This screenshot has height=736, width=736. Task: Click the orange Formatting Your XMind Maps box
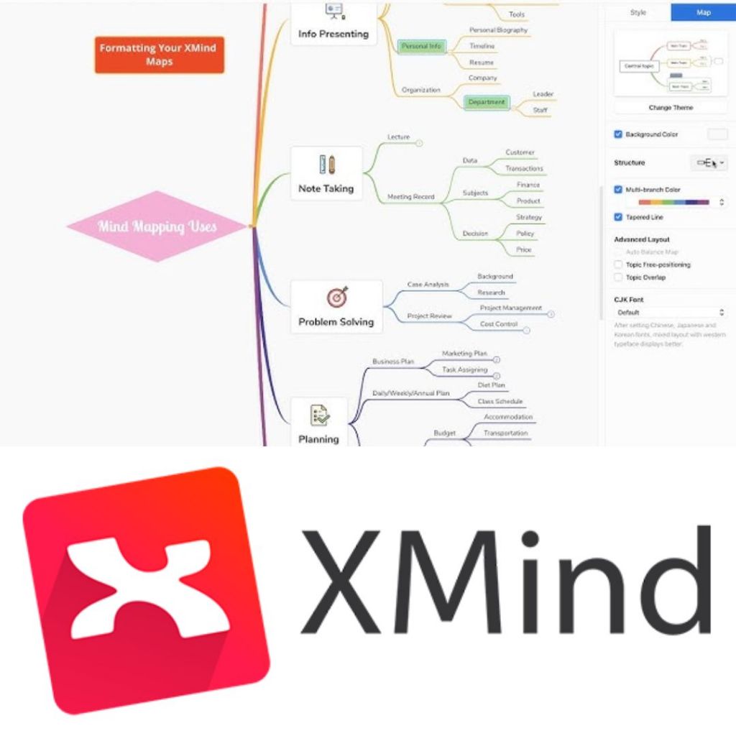point(159,55)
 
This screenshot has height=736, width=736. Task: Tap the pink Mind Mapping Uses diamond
point(157,226)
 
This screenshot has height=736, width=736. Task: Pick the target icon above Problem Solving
point(336,296)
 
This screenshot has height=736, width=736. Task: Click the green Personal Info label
point(421,46)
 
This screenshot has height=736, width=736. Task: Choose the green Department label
point(487,102)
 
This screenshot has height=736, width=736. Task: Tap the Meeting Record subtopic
point(411,196)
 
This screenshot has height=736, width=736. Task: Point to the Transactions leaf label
point(524,168)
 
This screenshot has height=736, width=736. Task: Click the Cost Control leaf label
point(499,324)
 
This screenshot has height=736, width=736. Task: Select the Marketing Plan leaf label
point(464,354)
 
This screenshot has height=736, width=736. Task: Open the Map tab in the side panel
point(703,12)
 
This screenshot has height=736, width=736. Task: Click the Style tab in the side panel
point(638,12)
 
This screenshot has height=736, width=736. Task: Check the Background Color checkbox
point(618,134)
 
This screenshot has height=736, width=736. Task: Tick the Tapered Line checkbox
point(618,217)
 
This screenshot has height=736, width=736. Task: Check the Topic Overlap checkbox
point(618,277)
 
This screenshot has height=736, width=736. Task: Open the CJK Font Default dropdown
point(671,313)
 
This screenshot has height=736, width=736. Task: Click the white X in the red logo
point(136,589)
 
